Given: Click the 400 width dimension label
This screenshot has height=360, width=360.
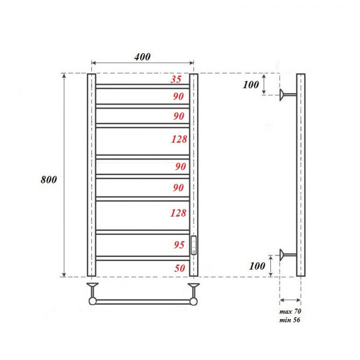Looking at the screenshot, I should pos(142,57).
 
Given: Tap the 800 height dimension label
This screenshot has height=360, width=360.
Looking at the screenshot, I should pos(49,181).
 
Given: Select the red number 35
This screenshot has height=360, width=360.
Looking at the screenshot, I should pos(176,79).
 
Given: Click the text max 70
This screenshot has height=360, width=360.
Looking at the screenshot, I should pos(290,312).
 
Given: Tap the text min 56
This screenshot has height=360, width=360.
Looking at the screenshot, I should pos(290,320).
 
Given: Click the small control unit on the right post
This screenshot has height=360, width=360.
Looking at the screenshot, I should pos(194,244).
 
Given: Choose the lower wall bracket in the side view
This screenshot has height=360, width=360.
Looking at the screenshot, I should pos(287,255).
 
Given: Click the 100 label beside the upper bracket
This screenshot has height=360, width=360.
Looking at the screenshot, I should pos(251,85).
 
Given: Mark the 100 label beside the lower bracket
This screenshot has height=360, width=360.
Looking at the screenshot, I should pos(257,266).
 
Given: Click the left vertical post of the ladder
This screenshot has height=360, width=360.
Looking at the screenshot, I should pos(91,174).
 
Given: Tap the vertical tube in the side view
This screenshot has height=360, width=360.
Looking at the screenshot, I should pos(300,174).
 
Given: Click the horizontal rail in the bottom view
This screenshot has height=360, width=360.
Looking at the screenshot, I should pos(143,301).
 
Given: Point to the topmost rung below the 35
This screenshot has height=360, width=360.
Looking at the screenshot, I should pos(143,86).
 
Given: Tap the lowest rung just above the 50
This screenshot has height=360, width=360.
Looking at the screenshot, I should pos(143,258).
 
